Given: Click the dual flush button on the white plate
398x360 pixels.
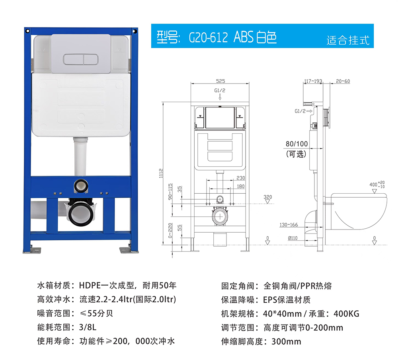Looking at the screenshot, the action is tap(81, 59).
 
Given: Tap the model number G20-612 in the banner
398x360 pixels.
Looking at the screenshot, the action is tap(208, 37).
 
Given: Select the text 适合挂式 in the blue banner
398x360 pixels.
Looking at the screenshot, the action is tap(348, 40).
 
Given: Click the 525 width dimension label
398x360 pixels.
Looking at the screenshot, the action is tap(220, 81).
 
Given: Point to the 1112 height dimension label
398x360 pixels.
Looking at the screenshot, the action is tap(161, 173).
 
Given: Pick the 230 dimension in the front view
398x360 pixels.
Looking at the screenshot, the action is tap(241, 178).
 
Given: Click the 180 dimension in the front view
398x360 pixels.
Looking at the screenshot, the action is tap(241, 186).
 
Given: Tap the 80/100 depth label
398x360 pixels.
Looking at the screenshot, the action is tap(297, 144).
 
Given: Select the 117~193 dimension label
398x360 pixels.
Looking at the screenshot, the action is tap(313, 81).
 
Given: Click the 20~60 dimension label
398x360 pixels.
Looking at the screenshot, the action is tap(343, 81).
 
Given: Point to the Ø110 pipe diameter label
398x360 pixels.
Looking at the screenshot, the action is tap(293, 238).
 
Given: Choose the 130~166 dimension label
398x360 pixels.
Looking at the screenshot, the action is tap(289, 225).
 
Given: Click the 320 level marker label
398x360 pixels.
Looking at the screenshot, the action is tap(267, 197).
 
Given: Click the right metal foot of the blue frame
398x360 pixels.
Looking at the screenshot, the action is tap(129, 250).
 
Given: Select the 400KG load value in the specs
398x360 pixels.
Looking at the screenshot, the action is tap(347, 314).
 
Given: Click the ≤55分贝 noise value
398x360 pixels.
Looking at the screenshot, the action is tap(96, 313).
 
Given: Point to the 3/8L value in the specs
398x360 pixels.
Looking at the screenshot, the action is tap(88, 327).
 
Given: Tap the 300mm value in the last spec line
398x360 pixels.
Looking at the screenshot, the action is tap(286, 341).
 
